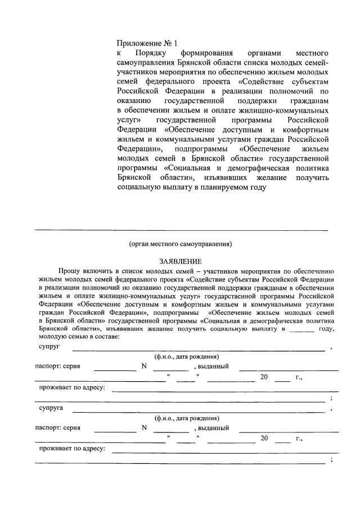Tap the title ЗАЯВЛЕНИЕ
click(179, 261)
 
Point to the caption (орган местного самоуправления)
click(179, 244)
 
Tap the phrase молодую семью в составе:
click(79, 336)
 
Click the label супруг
click(49, 347)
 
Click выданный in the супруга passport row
click(211, 427)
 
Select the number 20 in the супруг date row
click(264, 377)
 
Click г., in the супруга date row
click(299, 437)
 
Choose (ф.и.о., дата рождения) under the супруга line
click(187, 418)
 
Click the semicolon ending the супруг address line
click(332, 398)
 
